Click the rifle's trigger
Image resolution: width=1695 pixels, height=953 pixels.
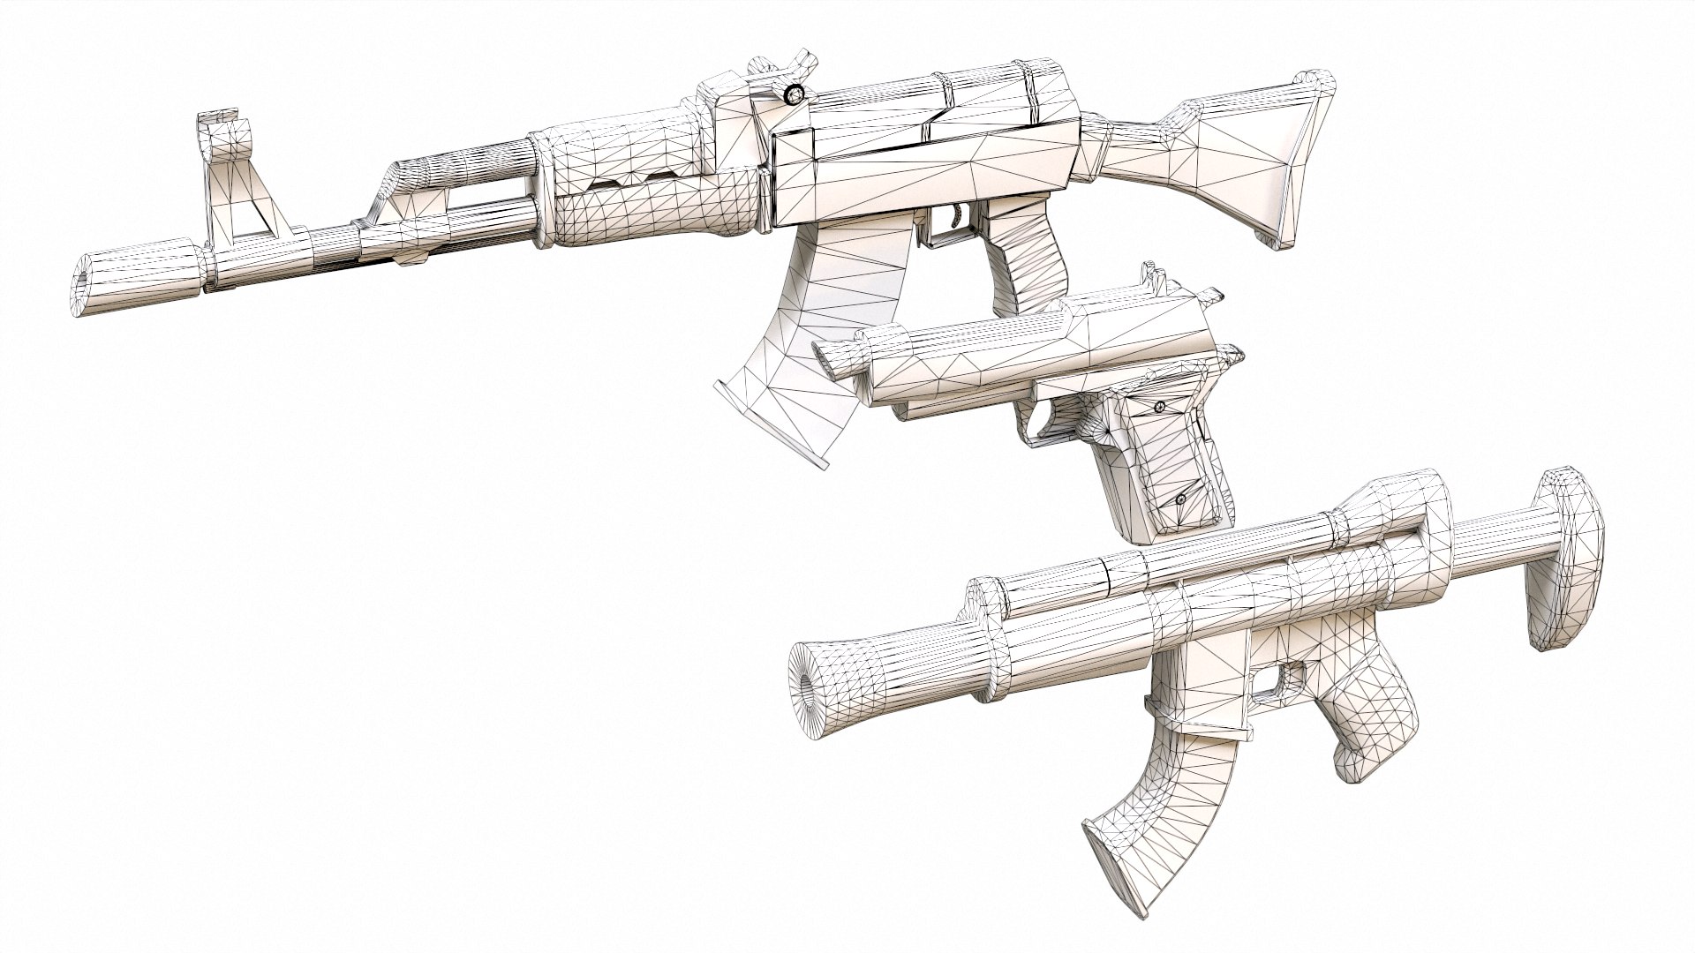pyautogui.click(x=957, y=215)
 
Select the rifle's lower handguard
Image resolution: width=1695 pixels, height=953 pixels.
pyautogui.click(x=653, y=212)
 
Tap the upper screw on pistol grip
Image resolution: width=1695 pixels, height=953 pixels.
pyautogui.click(x=1160, y=406)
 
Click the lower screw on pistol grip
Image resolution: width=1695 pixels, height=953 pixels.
pyautogui.click(x=1181, y=500)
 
